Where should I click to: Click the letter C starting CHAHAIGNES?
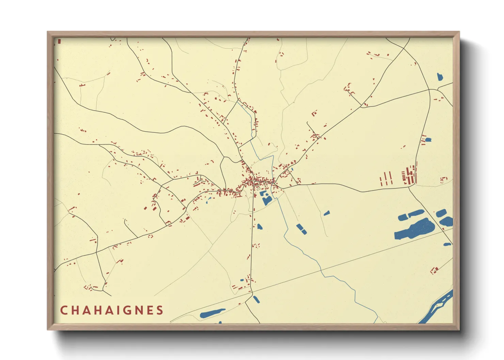pyautogui.click(x=64, y=310)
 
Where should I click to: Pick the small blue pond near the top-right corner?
pyautogui.click(x=440, y=77)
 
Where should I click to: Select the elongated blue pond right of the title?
pyautogui.click(x=212, y=313)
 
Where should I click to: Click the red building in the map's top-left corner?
pyautogui.click(x=59, y=41)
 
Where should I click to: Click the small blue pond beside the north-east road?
pyautogui.click(x=428, y=140)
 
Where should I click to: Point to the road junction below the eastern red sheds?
pyautogui.click(x=408, y=187)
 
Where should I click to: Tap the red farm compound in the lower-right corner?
pyautogui.click(x=434, y=271)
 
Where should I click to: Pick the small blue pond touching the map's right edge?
pyautogui.click(x=447, y=244)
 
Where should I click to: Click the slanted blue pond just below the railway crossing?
pyautogui.click(x=256, y=299)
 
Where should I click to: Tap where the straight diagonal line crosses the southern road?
pyautogui.click(x=252, y=292)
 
